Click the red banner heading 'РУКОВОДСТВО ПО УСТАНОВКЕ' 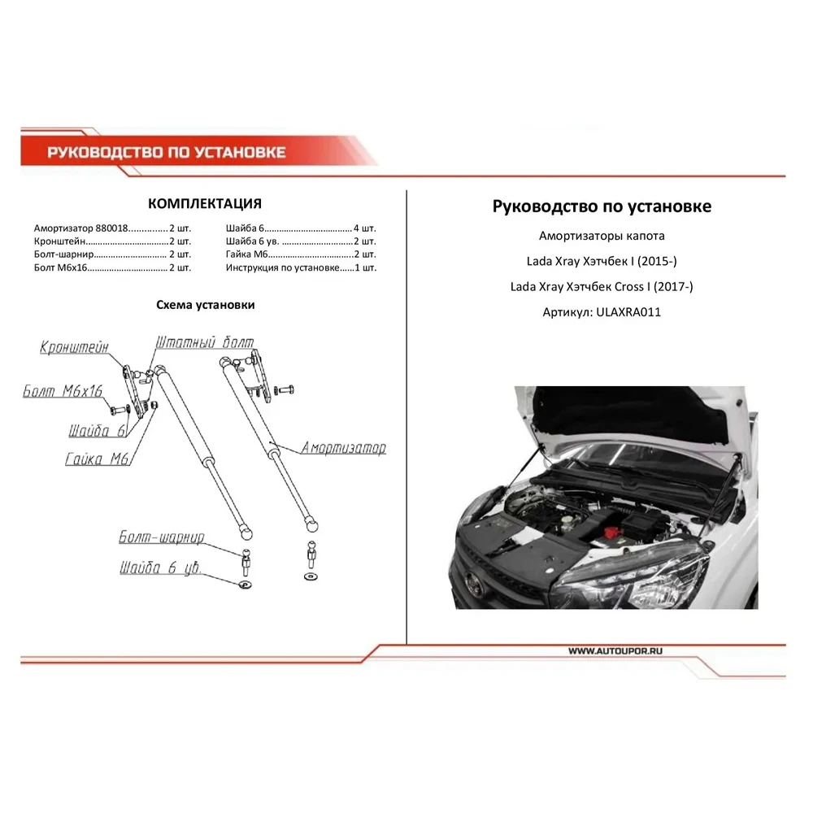[x=167, y=152]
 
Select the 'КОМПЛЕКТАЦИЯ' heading [x=205, y=203]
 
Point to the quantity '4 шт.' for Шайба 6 [x=365, y=228]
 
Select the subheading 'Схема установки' [x=205, y=305]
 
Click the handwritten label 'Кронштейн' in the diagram [x=74, y=348]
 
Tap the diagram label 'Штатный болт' [x=203, y=342]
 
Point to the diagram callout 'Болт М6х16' [x=63, y=392]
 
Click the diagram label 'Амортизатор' [x=343, y=448]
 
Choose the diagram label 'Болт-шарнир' [x=160, y=538]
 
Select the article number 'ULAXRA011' [x=628, y=311]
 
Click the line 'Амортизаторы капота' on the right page [x=602, y=237]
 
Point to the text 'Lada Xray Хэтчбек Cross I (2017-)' [x=602, y=286]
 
